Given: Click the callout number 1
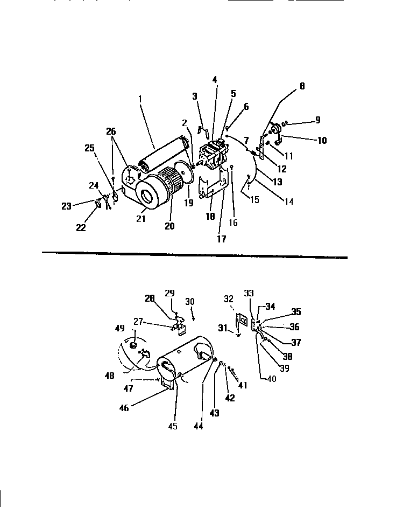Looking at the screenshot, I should (x=140, y=99).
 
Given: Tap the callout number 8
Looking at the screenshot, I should (x=302, y=86).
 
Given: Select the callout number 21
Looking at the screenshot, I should (x=141, y=218).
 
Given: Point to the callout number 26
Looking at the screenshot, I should (x=110, y=131).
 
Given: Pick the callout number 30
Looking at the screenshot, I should (x=190, y=302).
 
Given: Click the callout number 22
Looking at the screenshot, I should (x=81, y=227).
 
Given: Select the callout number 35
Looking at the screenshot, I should (x=296, y=311).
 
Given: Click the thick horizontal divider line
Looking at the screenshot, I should (x=194, y=255).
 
